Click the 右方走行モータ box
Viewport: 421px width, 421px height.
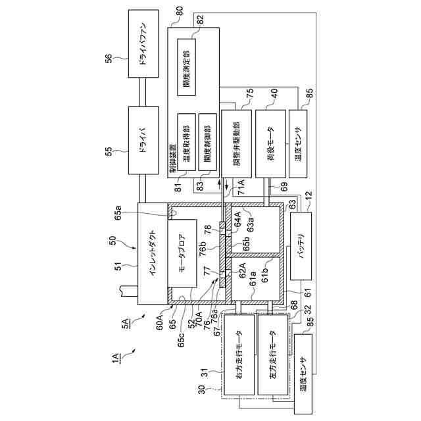tap(239, 355)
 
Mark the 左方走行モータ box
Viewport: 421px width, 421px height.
tap(272, 355)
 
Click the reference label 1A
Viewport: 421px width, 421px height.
tap(116, 358)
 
